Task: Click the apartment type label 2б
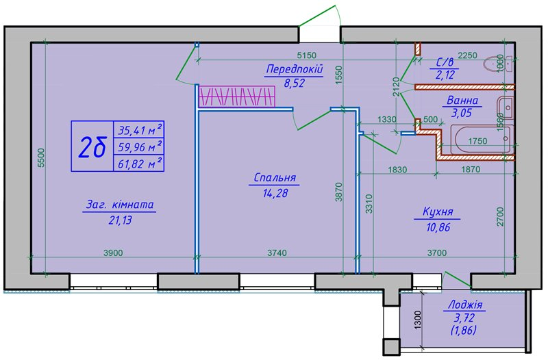pyautogui.click(x=92, y=146)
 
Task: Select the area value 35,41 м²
pyautogui.click(x=140, y=129)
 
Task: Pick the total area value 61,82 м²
pyautogui.click(x=140, y=162)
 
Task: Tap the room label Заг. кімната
pyautogui.click(x=121, y=205)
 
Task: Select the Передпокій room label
pyautogui.click(x=294, y=68)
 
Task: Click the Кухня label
pyautogui.click(x=436, y=213)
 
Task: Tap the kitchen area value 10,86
pyautogui.click(x=436, y=227)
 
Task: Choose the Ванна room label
pyautogui.click(x=463, y=101)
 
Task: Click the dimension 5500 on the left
pyautogui.click(x=41, y=158)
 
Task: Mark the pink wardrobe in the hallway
pyautogui.click(x=236, y=96)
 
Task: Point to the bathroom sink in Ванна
pyautogui.click(x=506, y=107)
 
